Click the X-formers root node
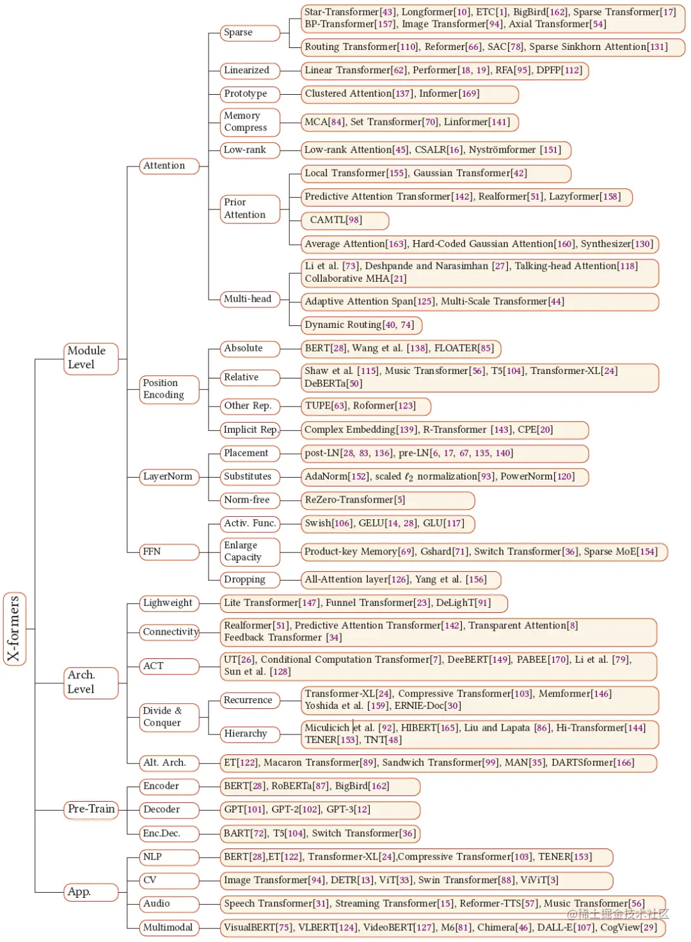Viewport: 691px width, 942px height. [x=14, y=629]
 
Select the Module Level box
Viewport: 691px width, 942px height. [x=91, y=358]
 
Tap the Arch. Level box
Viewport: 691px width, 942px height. [x=91, y=682]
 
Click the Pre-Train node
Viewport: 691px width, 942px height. [x=91, y=809]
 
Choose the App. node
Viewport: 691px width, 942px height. [x=91, y=891]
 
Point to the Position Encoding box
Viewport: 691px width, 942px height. [x=169, y=389]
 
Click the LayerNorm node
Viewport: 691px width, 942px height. [x=169, y=476]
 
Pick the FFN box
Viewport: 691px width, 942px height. [x=169, y=551]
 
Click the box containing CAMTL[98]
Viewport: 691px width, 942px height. [x=345, y=220]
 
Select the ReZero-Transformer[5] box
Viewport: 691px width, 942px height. [x=388, y=500]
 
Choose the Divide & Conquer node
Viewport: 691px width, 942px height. [x=169, y=717]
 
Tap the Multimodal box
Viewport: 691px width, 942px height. [x=169, y=927]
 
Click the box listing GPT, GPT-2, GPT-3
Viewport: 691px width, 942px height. [x=320, y=809]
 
